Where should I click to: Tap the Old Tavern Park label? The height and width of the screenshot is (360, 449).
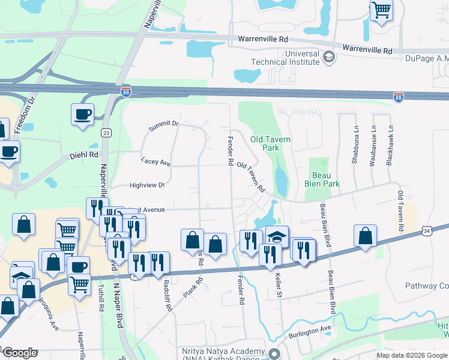270,143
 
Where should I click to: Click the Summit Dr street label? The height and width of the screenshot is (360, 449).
164,124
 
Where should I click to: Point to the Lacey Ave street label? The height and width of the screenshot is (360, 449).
156,162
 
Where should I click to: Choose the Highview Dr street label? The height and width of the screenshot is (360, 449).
147,185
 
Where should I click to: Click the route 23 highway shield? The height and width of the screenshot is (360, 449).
105,133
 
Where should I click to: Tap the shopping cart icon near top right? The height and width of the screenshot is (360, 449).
381,11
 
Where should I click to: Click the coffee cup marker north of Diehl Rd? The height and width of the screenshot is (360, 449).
82,113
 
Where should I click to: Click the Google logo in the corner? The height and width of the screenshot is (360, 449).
20,353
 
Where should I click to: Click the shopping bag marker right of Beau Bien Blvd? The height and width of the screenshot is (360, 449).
365,236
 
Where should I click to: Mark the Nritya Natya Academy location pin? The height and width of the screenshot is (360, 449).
275,353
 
